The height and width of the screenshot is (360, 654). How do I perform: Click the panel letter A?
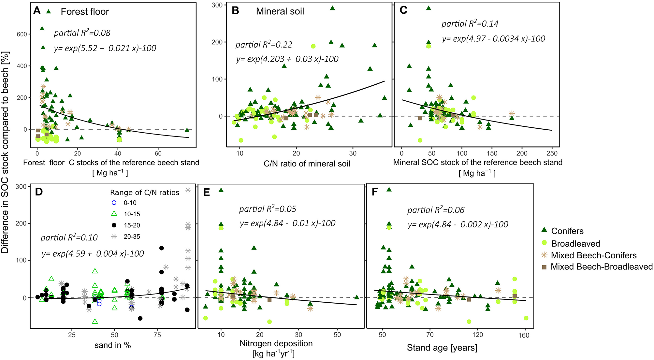coord(37,11)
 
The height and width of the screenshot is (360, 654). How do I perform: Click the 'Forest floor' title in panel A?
coord(85,12)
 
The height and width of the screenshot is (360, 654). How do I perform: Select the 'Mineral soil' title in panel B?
coord(280,11)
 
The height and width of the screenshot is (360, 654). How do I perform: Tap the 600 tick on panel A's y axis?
coord(22,34)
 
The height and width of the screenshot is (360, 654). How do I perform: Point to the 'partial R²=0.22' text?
coord(264,44)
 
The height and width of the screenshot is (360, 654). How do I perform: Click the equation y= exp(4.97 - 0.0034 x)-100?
coord(493,39)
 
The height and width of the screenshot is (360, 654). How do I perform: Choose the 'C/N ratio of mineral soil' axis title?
coord(307,164)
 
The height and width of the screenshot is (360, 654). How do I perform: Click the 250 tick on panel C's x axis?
coord(552,153)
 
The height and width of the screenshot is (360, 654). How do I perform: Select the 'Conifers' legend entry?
coord(567,231)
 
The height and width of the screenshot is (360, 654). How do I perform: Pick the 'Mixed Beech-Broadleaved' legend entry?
coord(602,267)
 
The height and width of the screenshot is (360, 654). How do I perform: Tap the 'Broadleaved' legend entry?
coord(575,244)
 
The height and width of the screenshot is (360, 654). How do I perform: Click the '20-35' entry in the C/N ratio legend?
coord(132,237)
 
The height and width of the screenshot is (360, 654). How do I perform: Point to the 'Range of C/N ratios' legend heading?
coord(145,193)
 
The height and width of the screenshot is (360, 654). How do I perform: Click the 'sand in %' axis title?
coord(112,345)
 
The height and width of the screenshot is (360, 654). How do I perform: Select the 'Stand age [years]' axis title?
coord(442,348)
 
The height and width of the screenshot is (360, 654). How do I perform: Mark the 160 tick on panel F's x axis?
coord(524,335)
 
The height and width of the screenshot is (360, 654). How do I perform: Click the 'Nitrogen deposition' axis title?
coord(276,343)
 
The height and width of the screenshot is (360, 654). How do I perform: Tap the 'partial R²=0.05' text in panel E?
coord(268,209)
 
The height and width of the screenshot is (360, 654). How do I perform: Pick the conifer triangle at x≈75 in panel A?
coord(187,130)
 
